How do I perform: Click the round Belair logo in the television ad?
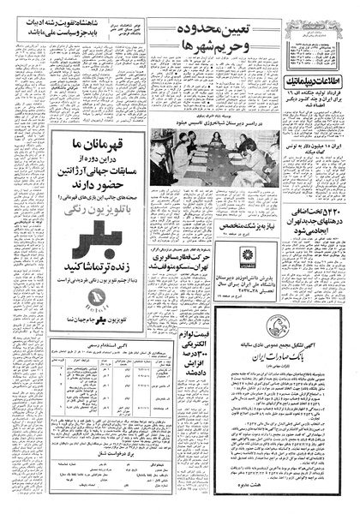pyautogui.click(x=95, y=296)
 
